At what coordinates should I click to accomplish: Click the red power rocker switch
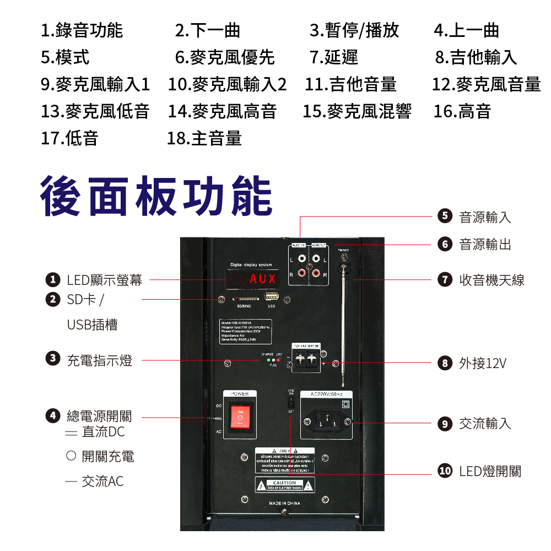pyautogui.click(x=240, y=418)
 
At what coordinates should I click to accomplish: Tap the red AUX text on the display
pyautogui.click(x=262, y=278)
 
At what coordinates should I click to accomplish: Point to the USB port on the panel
pyautogui.click(x=272, y=298)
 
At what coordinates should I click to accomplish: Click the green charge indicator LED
pyautogui.click(x=268, y=360)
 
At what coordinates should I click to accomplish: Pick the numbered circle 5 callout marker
pyautogui.click(x=445, y=217)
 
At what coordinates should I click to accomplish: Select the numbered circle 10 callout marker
pyautogui.click(x=445, y=471)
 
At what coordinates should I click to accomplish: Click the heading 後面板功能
pyautogui.click(x=156, y=197)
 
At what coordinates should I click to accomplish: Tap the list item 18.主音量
pyautogui.click(x=204, y=138)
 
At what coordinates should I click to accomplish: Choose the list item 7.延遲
pyautogui.click(x=334, y=57)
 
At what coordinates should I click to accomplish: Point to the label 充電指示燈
pyautogui.click(x=99, y=361)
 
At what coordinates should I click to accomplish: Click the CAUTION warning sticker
pyautogui.click(x=284, y=485)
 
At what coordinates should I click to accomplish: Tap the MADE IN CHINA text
pyautogui.click(x=284, y=504)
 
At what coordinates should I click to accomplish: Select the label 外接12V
pyautogui.click(x=483, y=364)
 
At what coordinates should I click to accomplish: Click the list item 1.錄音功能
pyautogui.click(x=82, y=30)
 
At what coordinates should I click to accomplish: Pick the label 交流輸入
pyautogui.click(x=485, y=423)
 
